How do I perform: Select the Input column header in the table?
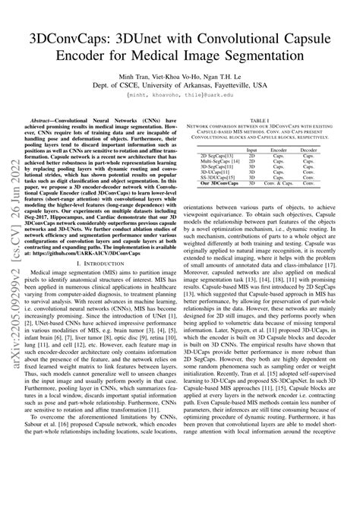[251, 150]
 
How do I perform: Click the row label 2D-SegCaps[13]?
[217, 157]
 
